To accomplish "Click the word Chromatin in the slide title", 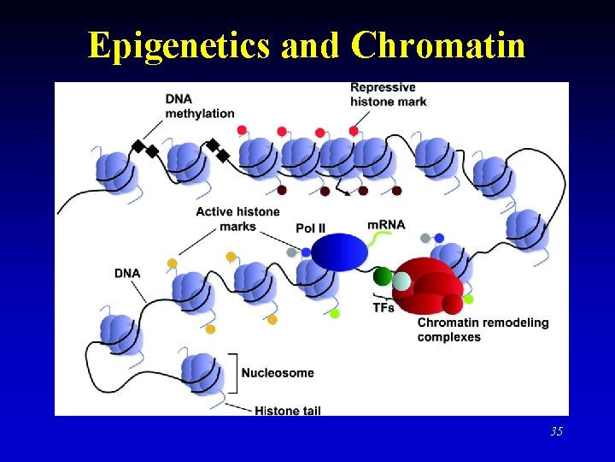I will (x=437, y=45).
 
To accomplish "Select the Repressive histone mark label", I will (x=389, y=94).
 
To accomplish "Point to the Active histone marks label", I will (x=237, y=219).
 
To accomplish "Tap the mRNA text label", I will (x=386, y=224).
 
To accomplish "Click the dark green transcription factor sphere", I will (x=383, y=276).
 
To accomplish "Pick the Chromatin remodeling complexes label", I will (x=483, y=329).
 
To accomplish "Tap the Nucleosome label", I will (x=278, y=373).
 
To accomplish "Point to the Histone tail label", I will (x=288, y=411).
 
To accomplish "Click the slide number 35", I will (x=556, y=431).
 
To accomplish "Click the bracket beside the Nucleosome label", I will (x=233, y=371).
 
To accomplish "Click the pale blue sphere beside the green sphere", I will (x=401, y=281).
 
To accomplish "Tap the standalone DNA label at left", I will (x=126, y=273).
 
